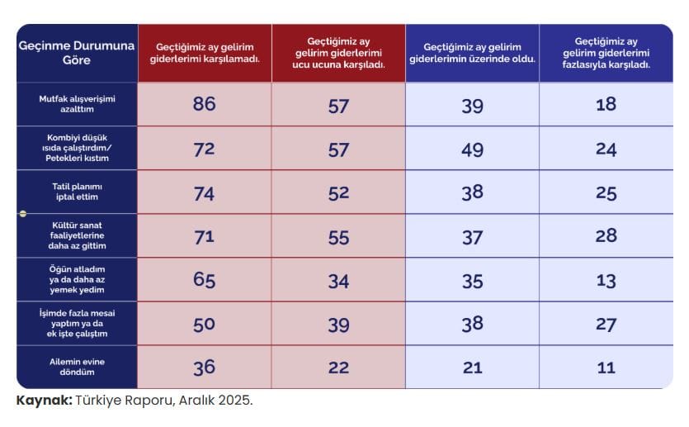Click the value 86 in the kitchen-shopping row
pyautogui.click(x=204, y=104)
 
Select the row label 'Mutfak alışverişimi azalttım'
pyautogui.click(x=77, y=104)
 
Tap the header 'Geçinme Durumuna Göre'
pyautogui.click(x=77, y=53)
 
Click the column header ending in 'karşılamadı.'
pyautogui.click(x=205, y=53)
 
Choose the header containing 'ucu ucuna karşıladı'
pyautogui.click(x=338, y=53)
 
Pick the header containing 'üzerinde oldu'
pyautogui.click(x=472, y=53)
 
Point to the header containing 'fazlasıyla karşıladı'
pyautogui.click(x=606, y=53)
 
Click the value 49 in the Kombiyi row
pyautogui.click(x=472, y=149)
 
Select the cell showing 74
pyautogui.click(x=204, y=192)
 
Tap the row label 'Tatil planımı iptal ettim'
pyautogui.click(x=77, y=192)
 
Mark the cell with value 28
pyautogui.click(x=606, y=236)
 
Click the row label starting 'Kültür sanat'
pyautogui.click(x=77, y=236)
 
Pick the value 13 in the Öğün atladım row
pyautogui.click(x=606, y=280)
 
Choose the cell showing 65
pyautogui.click(x=204, y=280)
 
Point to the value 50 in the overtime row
pyautogui.click(x=204, y=324)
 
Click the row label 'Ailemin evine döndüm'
pyautogui.click(x=77, y=367)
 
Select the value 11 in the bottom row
pyautogui.click(x=606, y=368)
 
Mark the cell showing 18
pyautogui.click(x=606, y=104)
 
